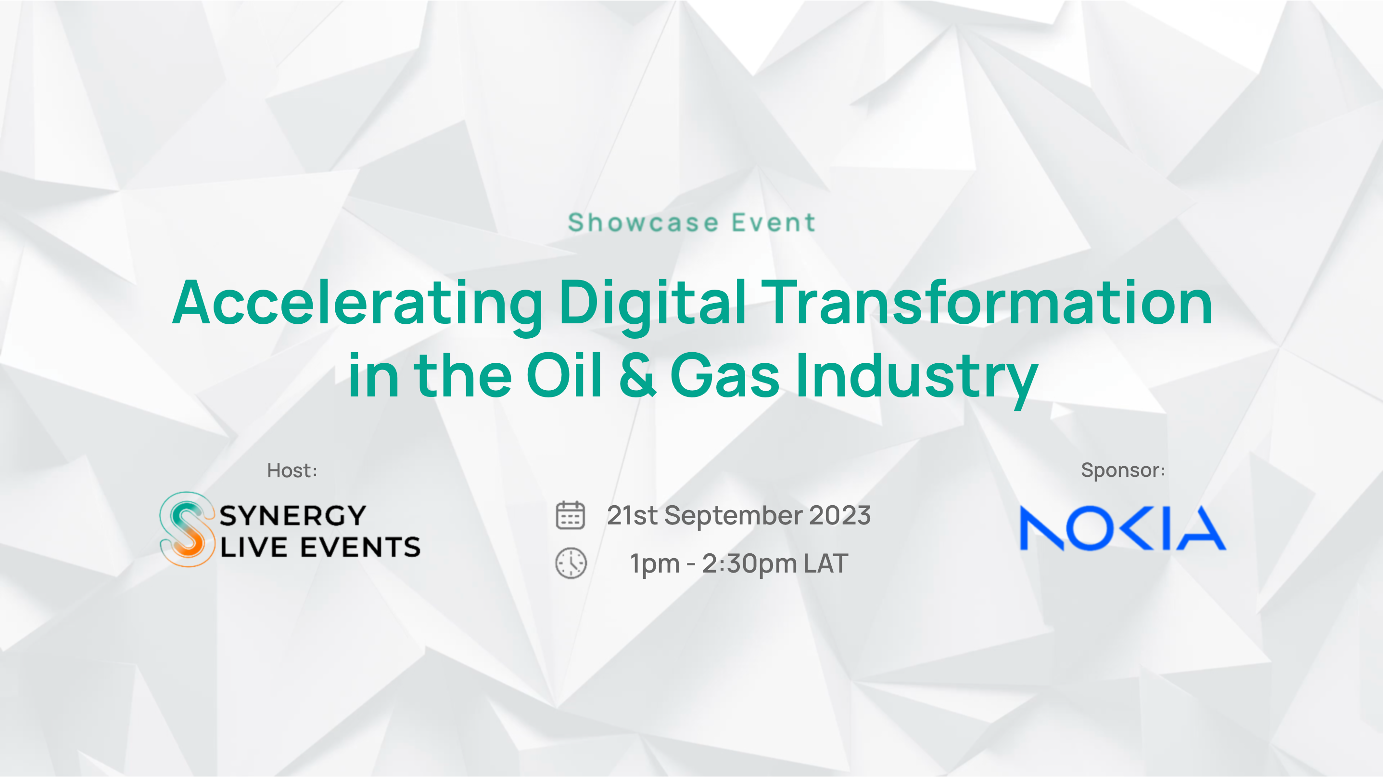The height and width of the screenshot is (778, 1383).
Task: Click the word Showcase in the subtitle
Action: pyautogui.click(x=643, y=222)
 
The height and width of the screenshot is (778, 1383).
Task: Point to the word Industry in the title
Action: pyautogui.click(x=916, y=379)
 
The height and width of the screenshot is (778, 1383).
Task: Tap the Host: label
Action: pyautogui.click(x=292, y=471)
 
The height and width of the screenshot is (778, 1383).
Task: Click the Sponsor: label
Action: pyautogui.click(x=1123, y=471)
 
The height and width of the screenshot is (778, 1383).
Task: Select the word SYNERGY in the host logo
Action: pyautogui.click(x=292, y=515)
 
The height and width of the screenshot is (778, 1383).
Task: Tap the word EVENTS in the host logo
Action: pyautogui.click(x=360, y=547)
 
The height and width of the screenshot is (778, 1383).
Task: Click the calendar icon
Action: pyautogui.click(x=570, y=515)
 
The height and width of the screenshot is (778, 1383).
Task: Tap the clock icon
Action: pyautogui.click(x=571, y=563)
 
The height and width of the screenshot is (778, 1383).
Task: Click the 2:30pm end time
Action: pyautogui.click(x=750, y=565)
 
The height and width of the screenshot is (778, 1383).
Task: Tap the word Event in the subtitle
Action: pyautogui.click(x=774, y=222)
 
